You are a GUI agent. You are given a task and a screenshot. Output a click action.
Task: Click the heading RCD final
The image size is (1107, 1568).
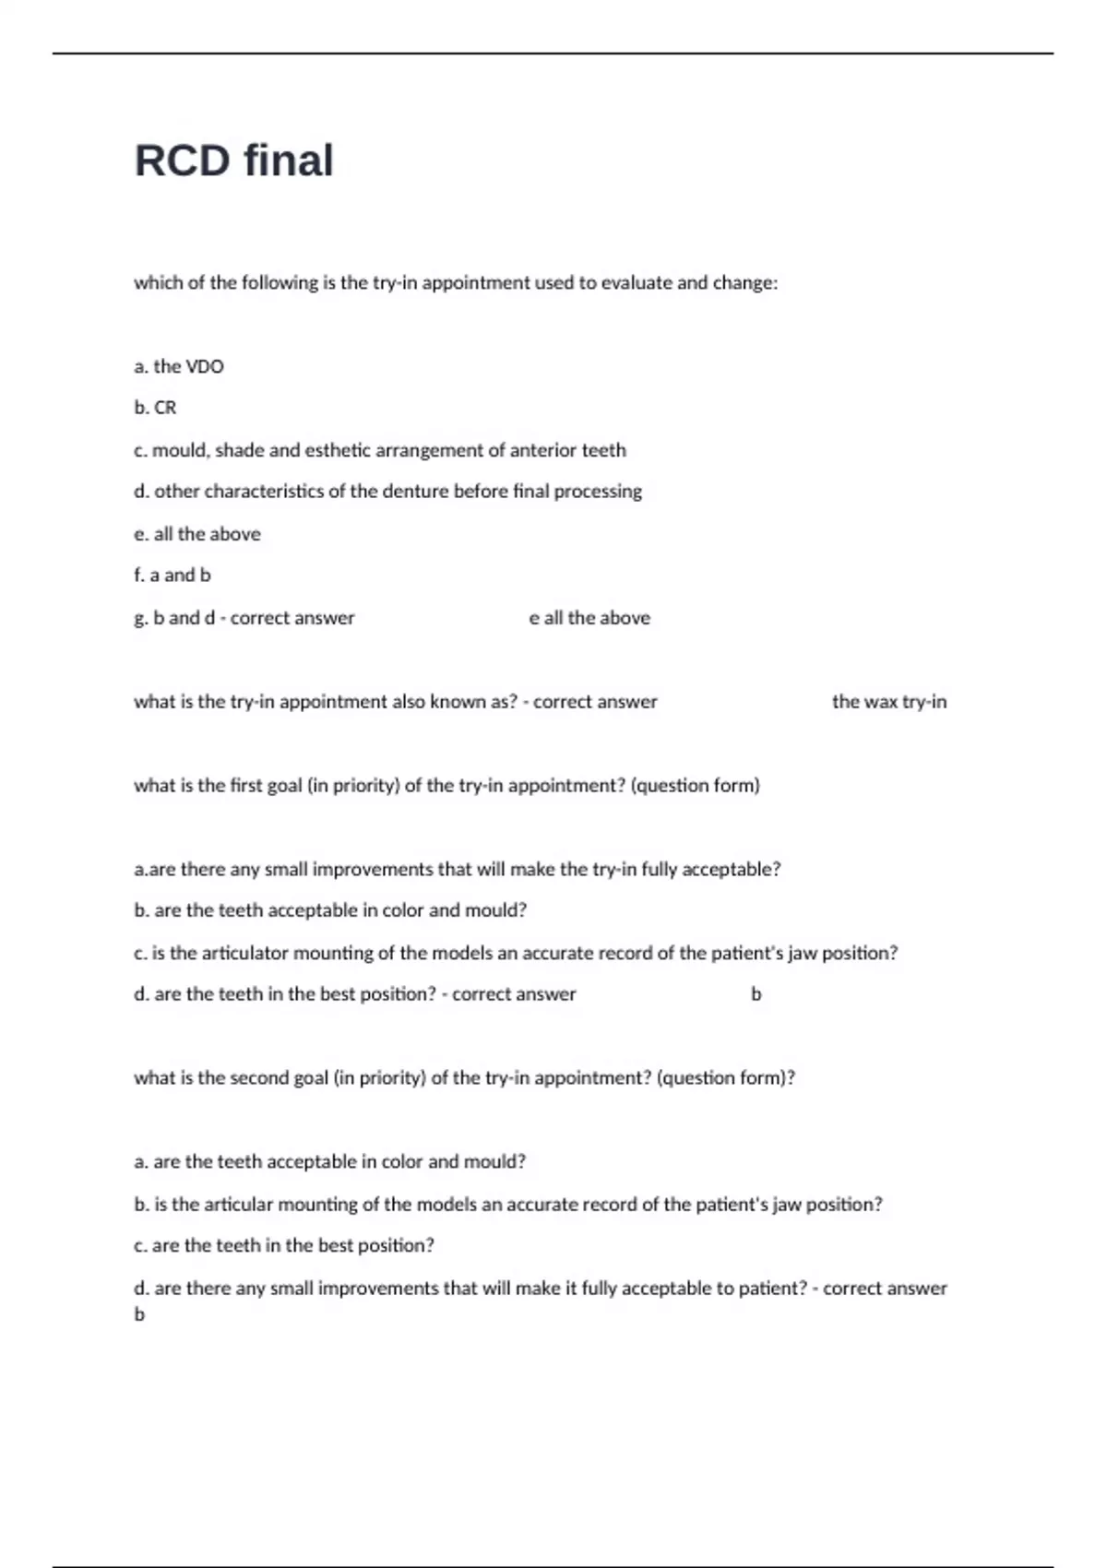234,160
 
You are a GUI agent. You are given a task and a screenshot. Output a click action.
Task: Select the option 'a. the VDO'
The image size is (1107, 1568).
179,366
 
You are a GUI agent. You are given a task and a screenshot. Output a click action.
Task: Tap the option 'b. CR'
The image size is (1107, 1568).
155,408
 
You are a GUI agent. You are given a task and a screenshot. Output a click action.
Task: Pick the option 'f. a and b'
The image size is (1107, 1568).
173,575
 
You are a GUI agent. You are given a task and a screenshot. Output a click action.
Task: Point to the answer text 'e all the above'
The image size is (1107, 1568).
589,618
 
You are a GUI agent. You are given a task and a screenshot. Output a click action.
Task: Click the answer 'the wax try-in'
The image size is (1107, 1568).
889,702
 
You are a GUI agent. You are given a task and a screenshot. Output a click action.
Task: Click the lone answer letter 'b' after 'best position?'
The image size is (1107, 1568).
756,994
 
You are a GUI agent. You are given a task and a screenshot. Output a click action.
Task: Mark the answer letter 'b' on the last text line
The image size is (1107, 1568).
139,1314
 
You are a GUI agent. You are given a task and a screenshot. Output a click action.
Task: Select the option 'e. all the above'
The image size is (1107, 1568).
197,534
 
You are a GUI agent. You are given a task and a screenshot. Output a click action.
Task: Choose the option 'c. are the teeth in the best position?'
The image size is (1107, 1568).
284,1245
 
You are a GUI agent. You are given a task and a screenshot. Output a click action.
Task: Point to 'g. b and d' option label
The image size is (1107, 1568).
174,618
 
